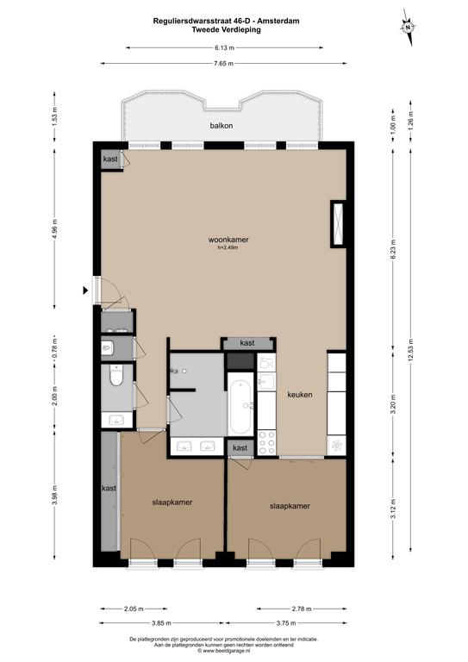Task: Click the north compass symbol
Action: (x=408, y=27)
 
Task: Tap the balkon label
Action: (x=222, y=125)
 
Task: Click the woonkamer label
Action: (x=228, y=240)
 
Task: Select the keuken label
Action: (x=300, y=395)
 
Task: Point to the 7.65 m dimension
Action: (x=224, y=63)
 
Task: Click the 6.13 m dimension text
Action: (x=224, y=47)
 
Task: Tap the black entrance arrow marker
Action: (x=85, y=290)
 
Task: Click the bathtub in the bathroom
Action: (x=241, y=404)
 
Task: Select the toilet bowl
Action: (x=116, y=375)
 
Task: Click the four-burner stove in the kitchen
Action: (x=266, y=442)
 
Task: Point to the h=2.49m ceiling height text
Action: (x=228, y=248)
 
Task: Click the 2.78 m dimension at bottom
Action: (x=302, y=609)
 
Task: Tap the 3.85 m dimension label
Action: (x=161, y=622)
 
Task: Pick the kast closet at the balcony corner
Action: (x=110, y=159)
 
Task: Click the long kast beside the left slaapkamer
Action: (x=109, y=491)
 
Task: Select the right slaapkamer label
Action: (x=290, y=506)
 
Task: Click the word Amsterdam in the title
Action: (x=278, y=21)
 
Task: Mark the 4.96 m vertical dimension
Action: (x=54, y=229)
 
